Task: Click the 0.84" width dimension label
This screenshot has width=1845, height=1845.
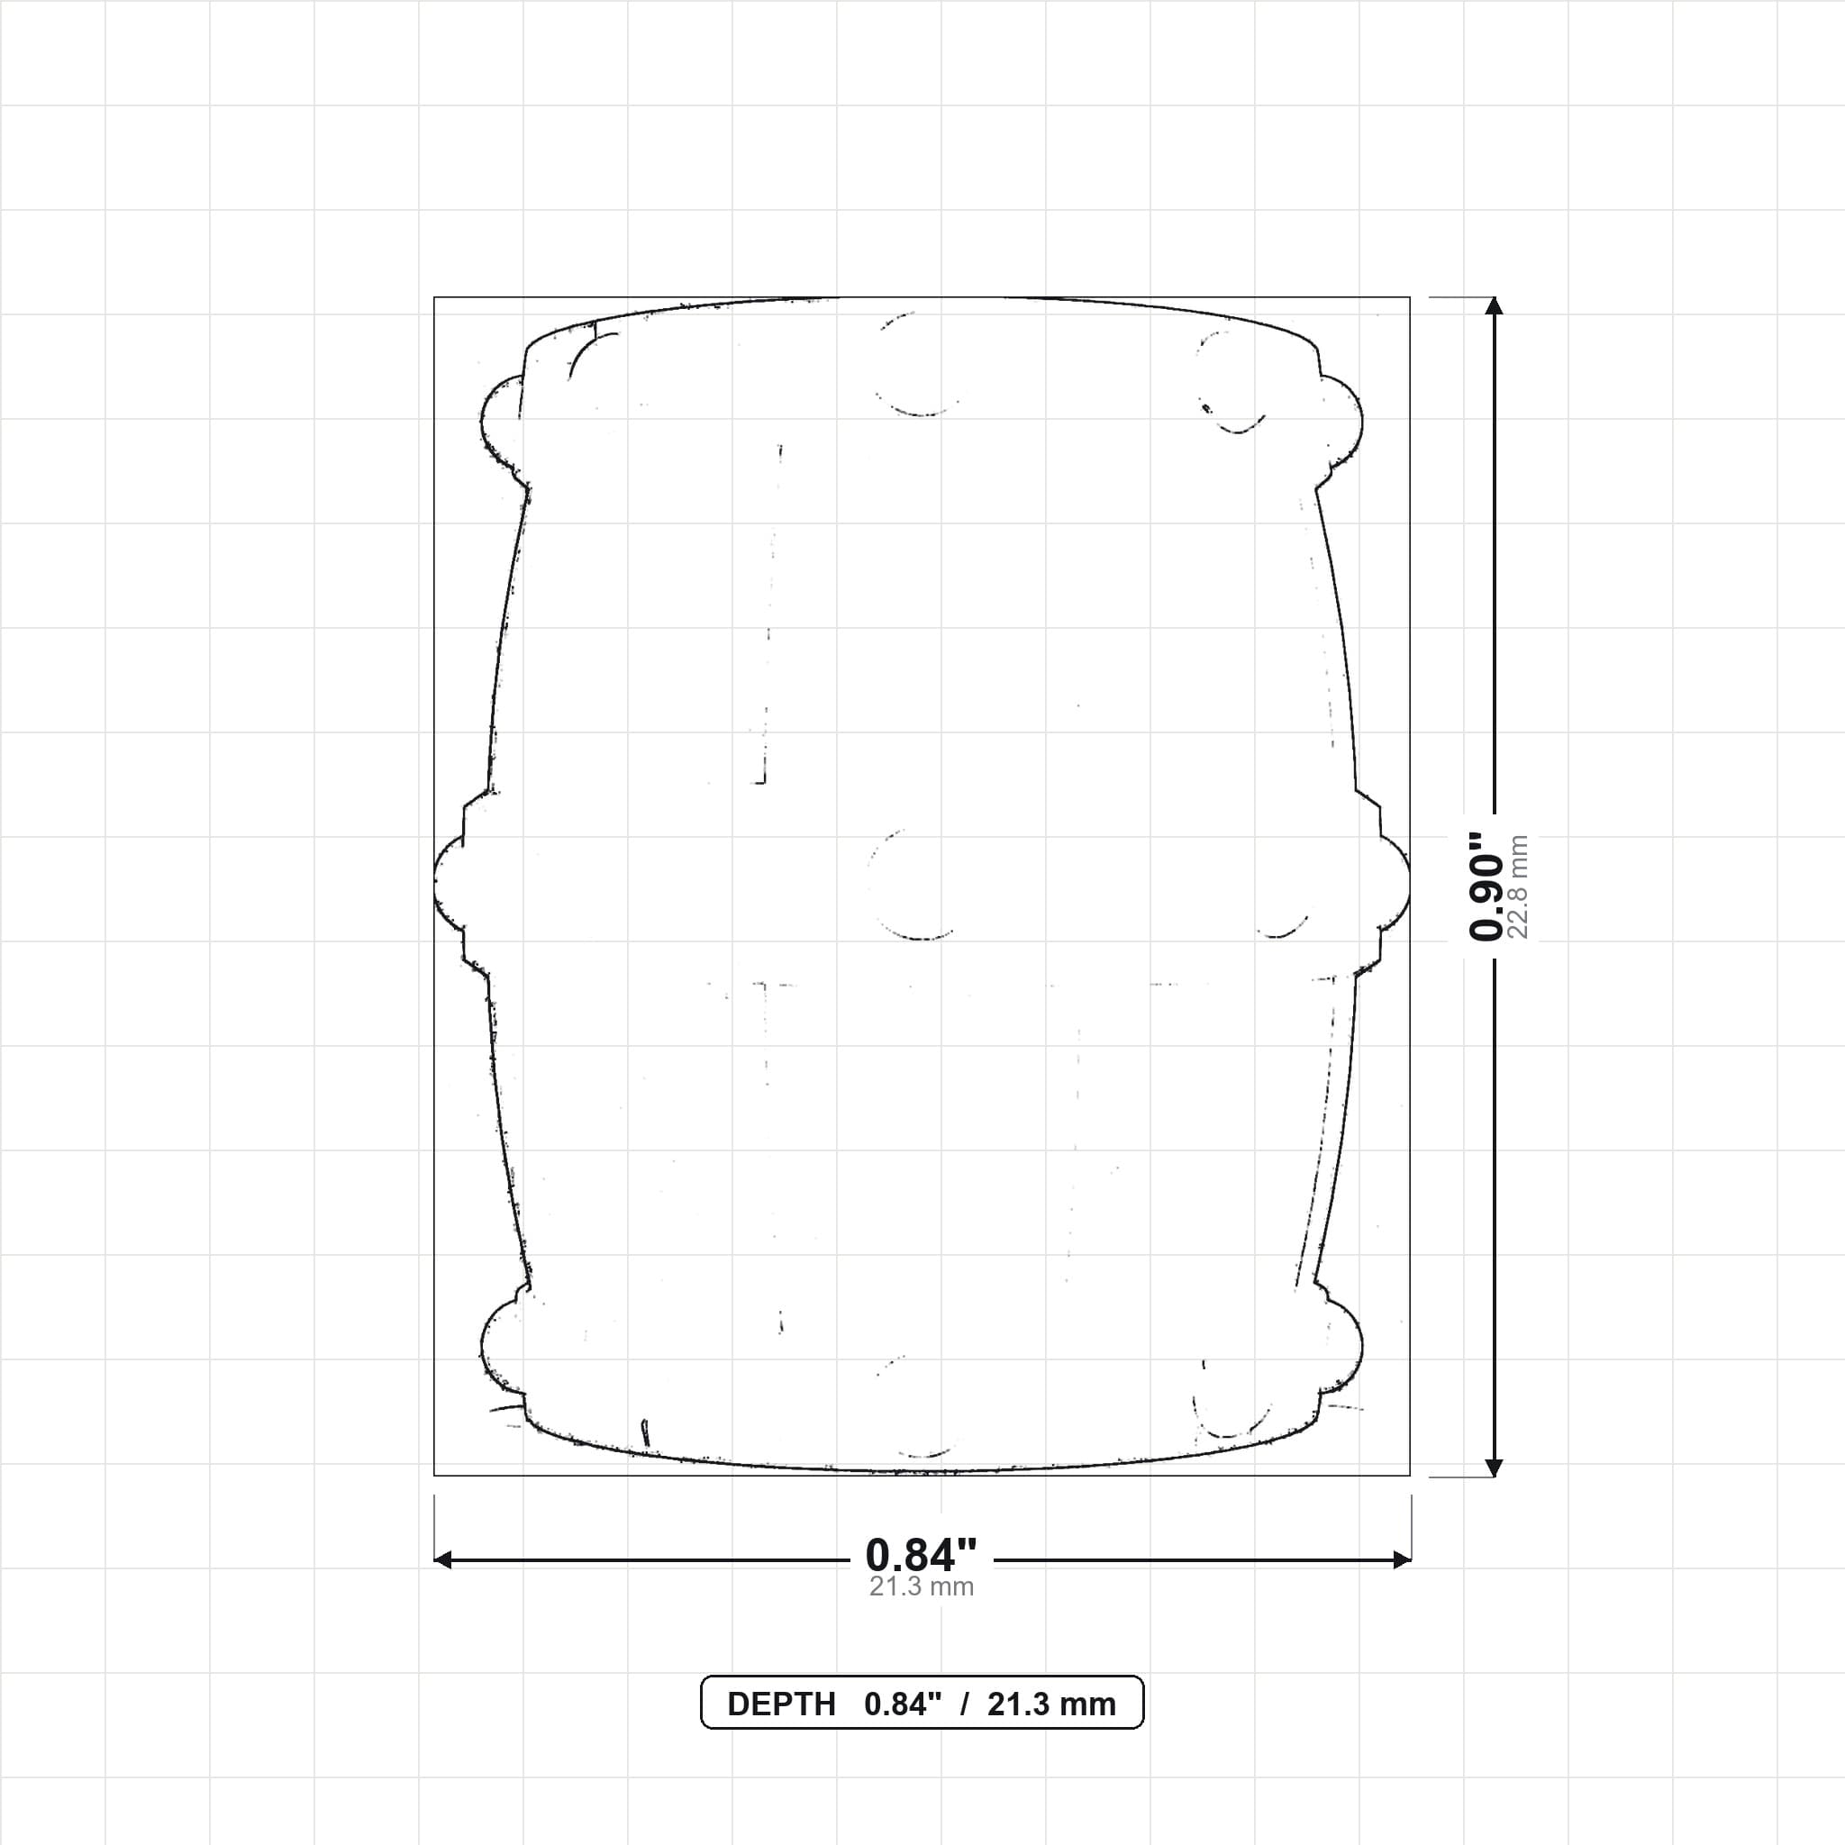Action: [922, 1556]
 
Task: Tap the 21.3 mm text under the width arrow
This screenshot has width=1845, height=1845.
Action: [922, 1587]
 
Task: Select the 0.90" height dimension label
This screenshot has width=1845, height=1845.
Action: [1486, 886]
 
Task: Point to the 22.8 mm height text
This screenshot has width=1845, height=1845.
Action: [1517, 887]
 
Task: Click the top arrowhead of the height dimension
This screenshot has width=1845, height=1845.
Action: [1495, 305]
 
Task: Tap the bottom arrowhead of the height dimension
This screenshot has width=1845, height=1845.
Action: [1495, 1468]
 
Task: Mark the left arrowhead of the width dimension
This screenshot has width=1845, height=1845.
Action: [443, 1560]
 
